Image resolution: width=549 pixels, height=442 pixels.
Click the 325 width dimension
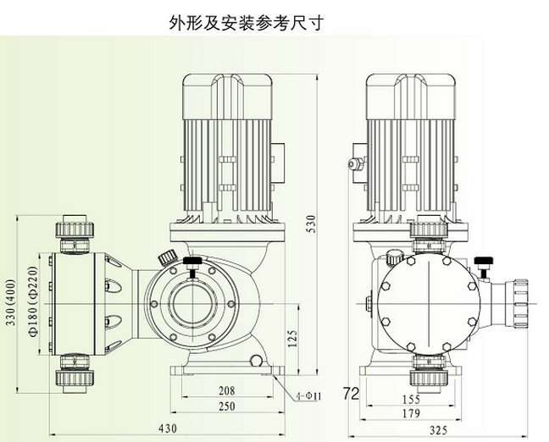[438, 430]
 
